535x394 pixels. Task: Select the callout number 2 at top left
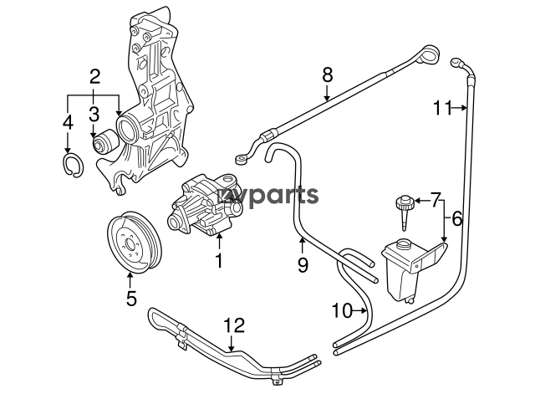[94, 79]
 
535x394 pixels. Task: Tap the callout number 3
[94, 112]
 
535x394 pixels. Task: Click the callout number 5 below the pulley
[131, 297]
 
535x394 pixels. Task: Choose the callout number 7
[436, 199]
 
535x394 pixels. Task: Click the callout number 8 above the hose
[327, 74]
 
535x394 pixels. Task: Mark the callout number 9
[303, 264]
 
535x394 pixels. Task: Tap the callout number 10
[341, 311]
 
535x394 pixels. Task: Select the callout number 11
[442, 106]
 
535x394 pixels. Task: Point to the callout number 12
[235, 325]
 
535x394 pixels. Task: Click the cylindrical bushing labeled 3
[104, 145]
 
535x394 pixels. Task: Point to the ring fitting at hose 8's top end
[429, 56]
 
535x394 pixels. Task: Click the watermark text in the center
[269, 196]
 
